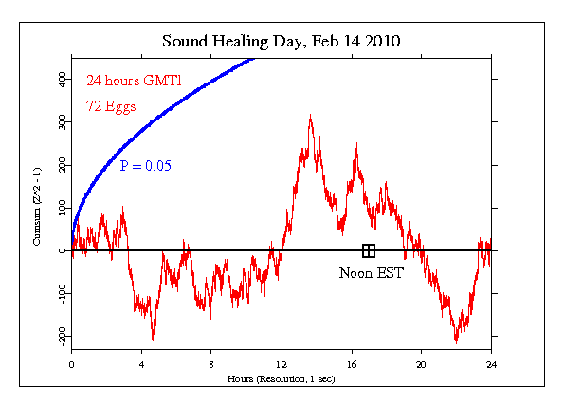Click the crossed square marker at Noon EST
click(x=368, y=250)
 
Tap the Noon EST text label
click(x=372, y=273)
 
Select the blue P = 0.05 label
click(x=146, y=166)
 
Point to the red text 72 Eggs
click(x=111, y=107)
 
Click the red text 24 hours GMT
click(x=134, y=80)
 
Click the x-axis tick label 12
click(x=282, y=364)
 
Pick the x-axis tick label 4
click(x=141, y=364)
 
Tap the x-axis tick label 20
click(x=421, y=364)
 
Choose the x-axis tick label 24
click(x=491, y=364)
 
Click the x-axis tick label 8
click(x=211, y=364)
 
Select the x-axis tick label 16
click(x=352, y=364)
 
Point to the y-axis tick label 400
click(x=62, y=79)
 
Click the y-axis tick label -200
click(x=62, y=336)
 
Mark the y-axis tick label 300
click(x=62, y=122)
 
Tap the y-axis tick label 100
click(x=62, y=208)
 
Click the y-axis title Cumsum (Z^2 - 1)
click(x=37, y=206)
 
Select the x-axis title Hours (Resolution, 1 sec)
click(x=281, y=379)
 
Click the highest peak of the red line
click(x=311, y=115)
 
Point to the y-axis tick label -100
click(x=62, y=294)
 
